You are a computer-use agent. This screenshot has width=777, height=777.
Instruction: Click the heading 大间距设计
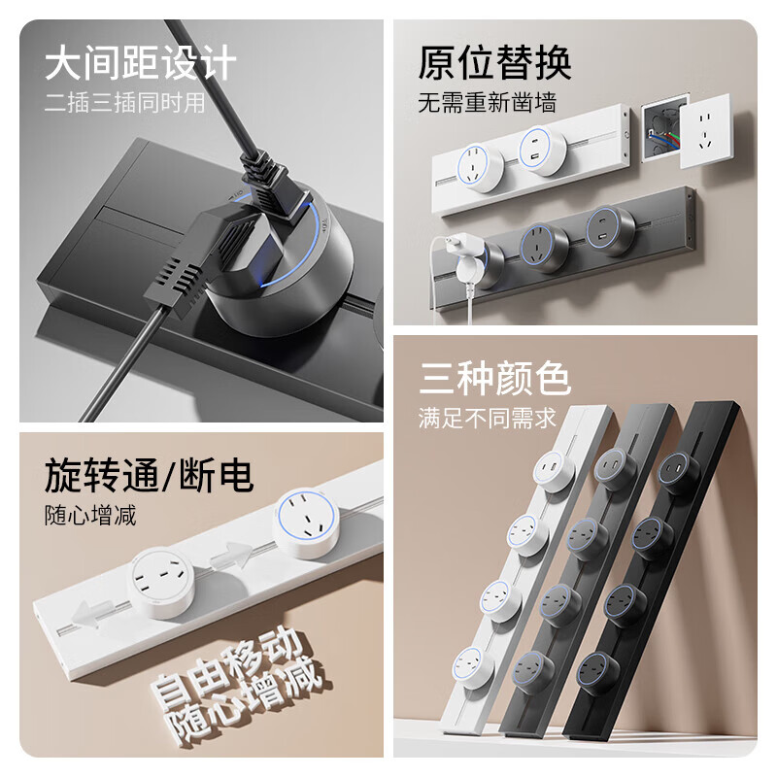(141, 64)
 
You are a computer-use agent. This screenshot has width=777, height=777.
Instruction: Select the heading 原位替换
(495, 63)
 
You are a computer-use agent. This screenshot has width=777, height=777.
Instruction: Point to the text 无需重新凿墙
(488, 103)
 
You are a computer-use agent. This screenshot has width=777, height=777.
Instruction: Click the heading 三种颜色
(495, 379)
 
